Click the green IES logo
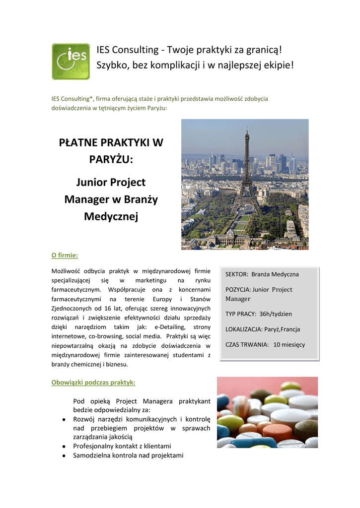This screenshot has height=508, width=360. [x=71, y=62]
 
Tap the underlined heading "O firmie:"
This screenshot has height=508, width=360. [x=65, y=255]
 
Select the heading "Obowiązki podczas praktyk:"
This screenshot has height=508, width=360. [x=93, y=382]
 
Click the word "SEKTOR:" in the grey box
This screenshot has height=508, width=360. [x=237, y=274]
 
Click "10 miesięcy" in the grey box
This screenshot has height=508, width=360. [x=289, y=344]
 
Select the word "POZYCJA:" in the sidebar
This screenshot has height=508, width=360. [x=238, y=290]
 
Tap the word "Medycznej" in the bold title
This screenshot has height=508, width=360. [x=111, y=217]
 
